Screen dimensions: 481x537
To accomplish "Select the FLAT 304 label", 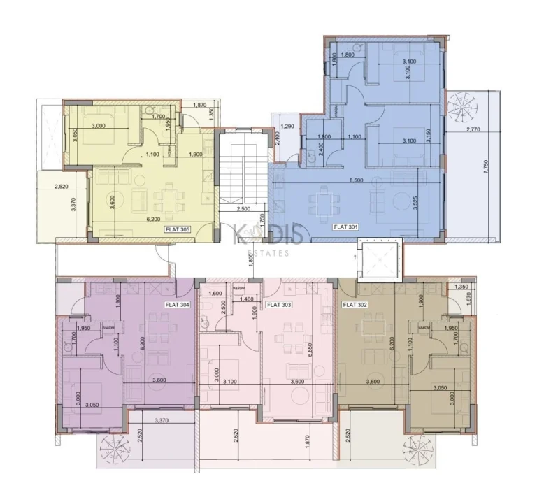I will pyautogui.click(x=177, y=305).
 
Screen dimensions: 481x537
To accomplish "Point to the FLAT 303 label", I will pyautogui.click(x=279, y=305).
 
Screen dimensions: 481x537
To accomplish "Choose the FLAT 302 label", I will pyautogui.click(x=355, y=305).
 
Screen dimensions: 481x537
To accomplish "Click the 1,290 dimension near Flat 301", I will pyautogui.click(x=285, y=127).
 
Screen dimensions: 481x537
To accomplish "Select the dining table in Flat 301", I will pyautogui.click(x=323, y=203).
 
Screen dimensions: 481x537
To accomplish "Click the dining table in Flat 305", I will pyautogui.click(x=169, y=197).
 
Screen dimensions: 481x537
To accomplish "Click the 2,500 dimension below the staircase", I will pyautogui.click(x=243, y=209).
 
